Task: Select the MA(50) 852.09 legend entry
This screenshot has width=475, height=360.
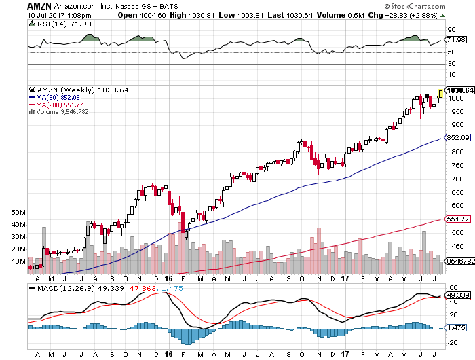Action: (58, 97)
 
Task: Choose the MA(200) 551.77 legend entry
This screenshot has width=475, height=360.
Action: (59, 105)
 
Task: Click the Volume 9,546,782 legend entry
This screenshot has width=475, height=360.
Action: (63, 112)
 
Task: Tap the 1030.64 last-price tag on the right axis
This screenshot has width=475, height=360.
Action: (458, 90)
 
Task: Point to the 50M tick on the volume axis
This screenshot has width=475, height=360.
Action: (18, 213)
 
